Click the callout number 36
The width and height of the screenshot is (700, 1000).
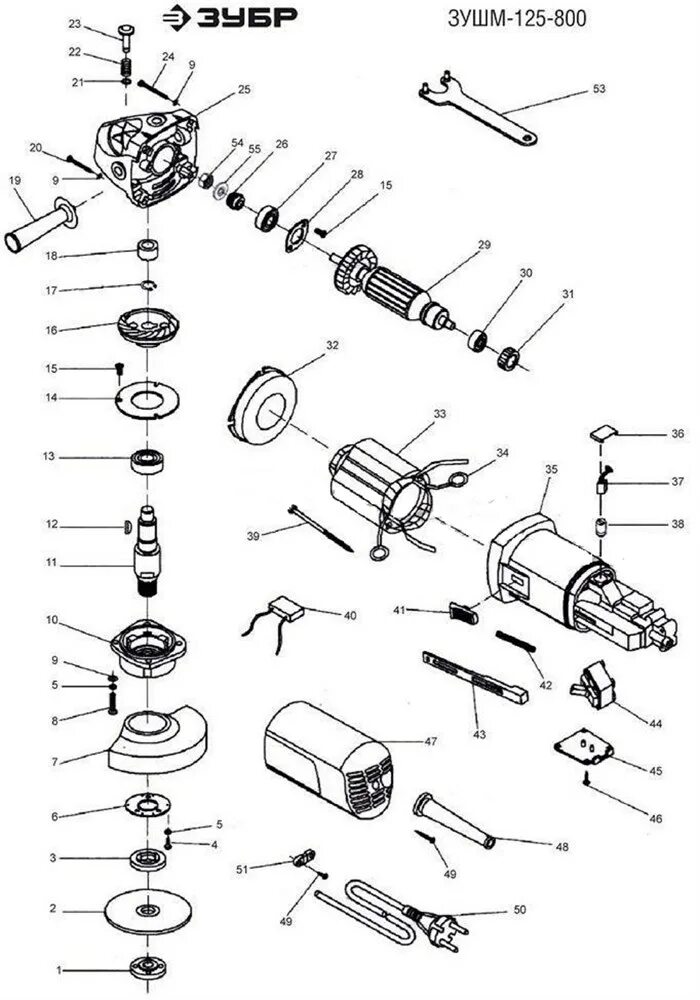[x=678, y=435]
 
